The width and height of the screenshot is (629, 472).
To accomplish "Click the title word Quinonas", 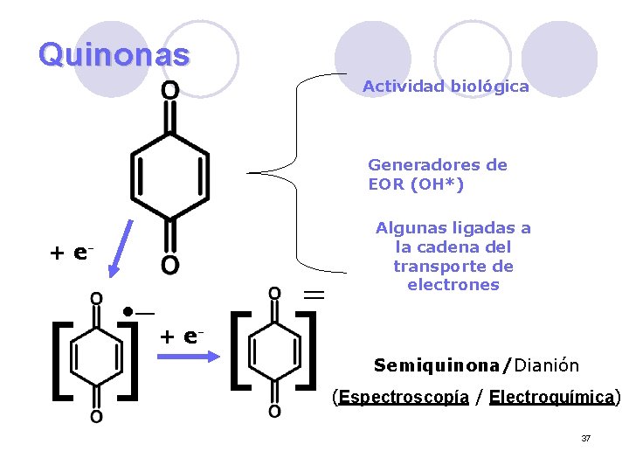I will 114,55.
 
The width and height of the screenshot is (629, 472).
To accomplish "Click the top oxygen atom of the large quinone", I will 170,91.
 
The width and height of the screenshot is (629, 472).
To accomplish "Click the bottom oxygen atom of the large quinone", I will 170,265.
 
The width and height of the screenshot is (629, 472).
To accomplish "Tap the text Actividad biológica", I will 446,87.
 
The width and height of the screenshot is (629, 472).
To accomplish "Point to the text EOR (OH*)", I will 416,184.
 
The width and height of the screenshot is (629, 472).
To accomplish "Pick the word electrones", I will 453,285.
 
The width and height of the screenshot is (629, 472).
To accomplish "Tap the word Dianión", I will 547,364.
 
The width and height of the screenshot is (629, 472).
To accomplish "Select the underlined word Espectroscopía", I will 404,398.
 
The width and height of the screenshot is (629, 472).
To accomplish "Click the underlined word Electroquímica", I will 552,398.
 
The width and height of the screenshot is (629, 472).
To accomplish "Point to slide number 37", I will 585,438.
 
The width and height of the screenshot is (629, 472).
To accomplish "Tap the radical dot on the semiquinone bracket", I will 128,311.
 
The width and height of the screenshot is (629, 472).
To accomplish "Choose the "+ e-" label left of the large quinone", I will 72,253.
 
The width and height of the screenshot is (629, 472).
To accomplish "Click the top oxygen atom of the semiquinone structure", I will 95,299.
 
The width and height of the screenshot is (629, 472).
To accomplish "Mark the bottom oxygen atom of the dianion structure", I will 274,412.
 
